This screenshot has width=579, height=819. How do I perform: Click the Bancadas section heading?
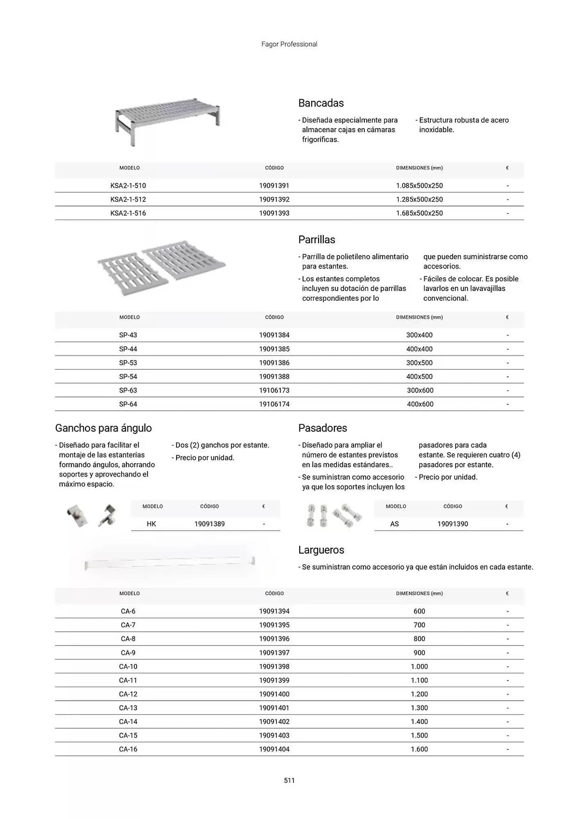[x=321, y=103]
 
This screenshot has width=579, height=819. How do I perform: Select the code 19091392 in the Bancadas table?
[x=274, y=199]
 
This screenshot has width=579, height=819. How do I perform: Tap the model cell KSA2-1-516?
[x=128, y=213]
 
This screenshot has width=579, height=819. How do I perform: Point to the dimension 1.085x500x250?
[x=419, y=186]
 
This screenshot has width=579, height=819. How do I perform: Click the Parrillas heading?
[x=317, y=240]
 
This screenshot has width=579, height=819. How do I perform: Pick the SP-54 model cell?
[x=128, y=377]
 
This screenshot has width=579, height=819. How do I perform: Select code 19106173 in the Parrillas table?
[x=274, y=391]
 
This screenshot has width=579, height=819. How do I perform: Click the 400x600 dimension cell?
[x=420, y=404]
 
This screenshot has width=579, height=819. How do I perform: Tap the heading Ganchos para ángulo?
[x=103, y=428]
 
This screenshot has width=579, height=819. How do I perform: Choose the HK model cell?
[x=151, y=524]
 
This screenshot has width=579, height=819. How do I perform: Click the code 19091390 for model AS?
[x=452, y=524]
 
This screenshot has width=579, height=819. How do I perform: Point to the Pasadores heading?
[x=323, y=428]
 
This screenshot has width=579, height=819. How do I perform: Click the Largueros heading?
[x=321, y=550]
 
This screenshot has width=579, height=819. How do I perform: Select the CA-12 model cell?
[x=128, y=694]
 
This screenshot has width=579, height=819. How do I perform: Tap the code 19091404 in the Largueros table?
[x=274, y=749]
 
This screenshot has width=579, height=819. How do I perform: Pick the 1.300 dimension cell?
[x=419, y=708]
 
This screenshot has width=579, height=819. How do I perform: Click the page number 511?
[x=289, y=781]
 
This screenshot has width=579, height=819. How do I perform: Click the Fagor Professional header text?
[x=289, y=44]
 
